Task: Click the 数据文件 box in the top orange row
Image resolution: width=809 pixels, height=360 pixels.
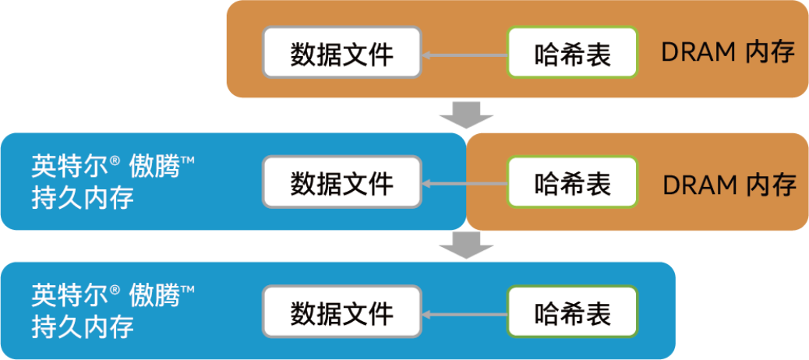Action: pyautogui.click(x=341, y=53)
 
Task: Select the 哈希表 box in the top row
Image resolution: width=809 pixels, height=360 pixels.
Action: pyautogui.click(x=573, y=53)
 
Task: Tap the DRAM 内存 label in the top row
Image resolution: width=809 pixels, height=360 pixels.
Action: pyautogui.click(x=727, y=53)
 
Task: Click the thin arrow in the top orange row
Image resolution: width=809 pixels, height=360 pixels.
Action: pyautogui.click(x=464, y=55)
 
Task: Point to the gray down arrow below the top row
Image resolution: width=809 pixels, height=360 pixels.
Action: pyautogui.click(x=466, y=115)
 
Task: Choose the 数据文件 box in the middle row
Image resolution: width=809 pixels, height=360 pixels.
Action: pyautogui.click(x=341, y=182)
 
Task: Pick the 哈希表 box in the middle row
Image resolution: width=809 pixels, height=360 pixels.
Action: pyautogui.click(x=573, y=182)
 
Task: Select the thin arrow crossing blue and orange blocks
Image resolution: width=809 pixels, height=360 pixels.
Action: pyautogui.click(x=464, y=184)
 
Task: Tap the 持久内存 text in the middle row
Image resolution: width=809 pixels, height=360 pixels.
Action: pyautogui.click(x=83, y=198)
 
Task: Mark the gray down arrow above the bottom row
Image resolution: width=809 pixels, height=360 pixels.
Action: pyautogui.click(x=466, y=245)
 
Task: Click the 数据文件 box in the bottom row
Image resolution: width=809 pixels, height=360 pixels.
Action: pyautogui.click(x=341, y=312)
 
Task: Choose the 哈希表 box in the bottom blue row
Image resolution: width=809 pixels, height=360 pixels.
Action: pyautogui.click(x=573, y=312)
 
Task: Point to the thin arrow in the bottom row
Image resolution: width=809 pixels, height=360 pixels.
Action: pyautogui.click(x=464, y=314)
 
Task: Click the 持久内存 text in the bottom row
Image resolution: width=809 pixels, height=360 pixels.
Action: pyautogui.click(x=83, y=326)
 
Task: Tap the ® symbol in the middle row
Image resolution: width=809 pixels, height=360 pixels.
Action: pyautogui.click(x=114, y=161)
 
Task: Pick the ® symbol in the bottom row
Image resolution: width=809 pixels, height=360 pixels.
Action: pyautogui.click(x=114, y=290)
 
